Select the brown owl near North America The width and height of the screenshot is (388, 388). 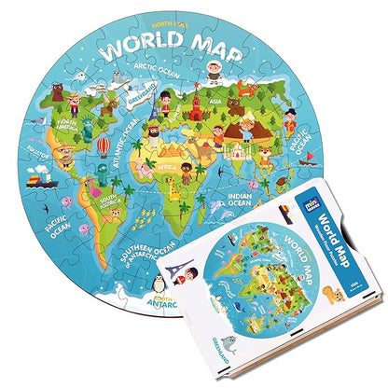click(58, 94)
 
